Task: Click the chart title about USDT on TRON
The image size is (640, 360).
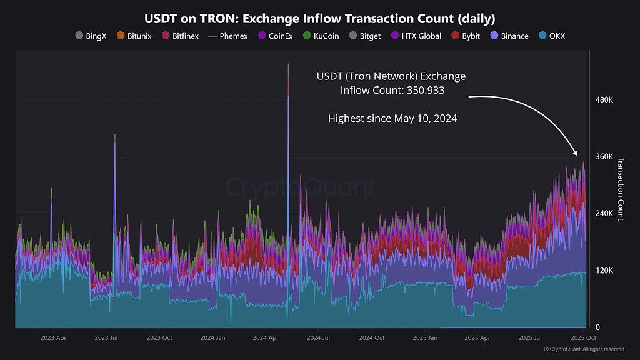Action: coord(320,19)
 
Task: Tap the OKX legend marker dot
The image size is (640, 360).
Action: coord(542,36)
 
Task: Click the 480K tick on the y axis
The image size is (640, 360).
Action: coord(604,100)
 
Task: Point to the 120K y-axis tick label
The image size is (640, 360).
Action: coord(604,271)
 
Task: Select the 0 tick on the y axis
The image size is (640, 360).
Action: coord(597,327)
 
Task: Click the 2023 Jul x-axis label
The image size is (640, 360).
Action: coord(106,338)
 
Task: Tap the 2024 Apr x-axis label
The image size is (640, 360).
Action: coord(266,338)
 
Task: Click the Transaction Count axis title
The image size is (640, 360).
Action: coord(621,188)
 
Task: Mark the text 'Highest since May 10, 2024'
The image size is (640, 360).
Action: coord(392,118)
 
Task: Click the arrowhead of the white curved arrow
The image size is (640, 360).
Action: coord(576,152)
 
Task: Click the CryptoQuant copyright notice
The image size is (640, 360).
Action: coord(584,349)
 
